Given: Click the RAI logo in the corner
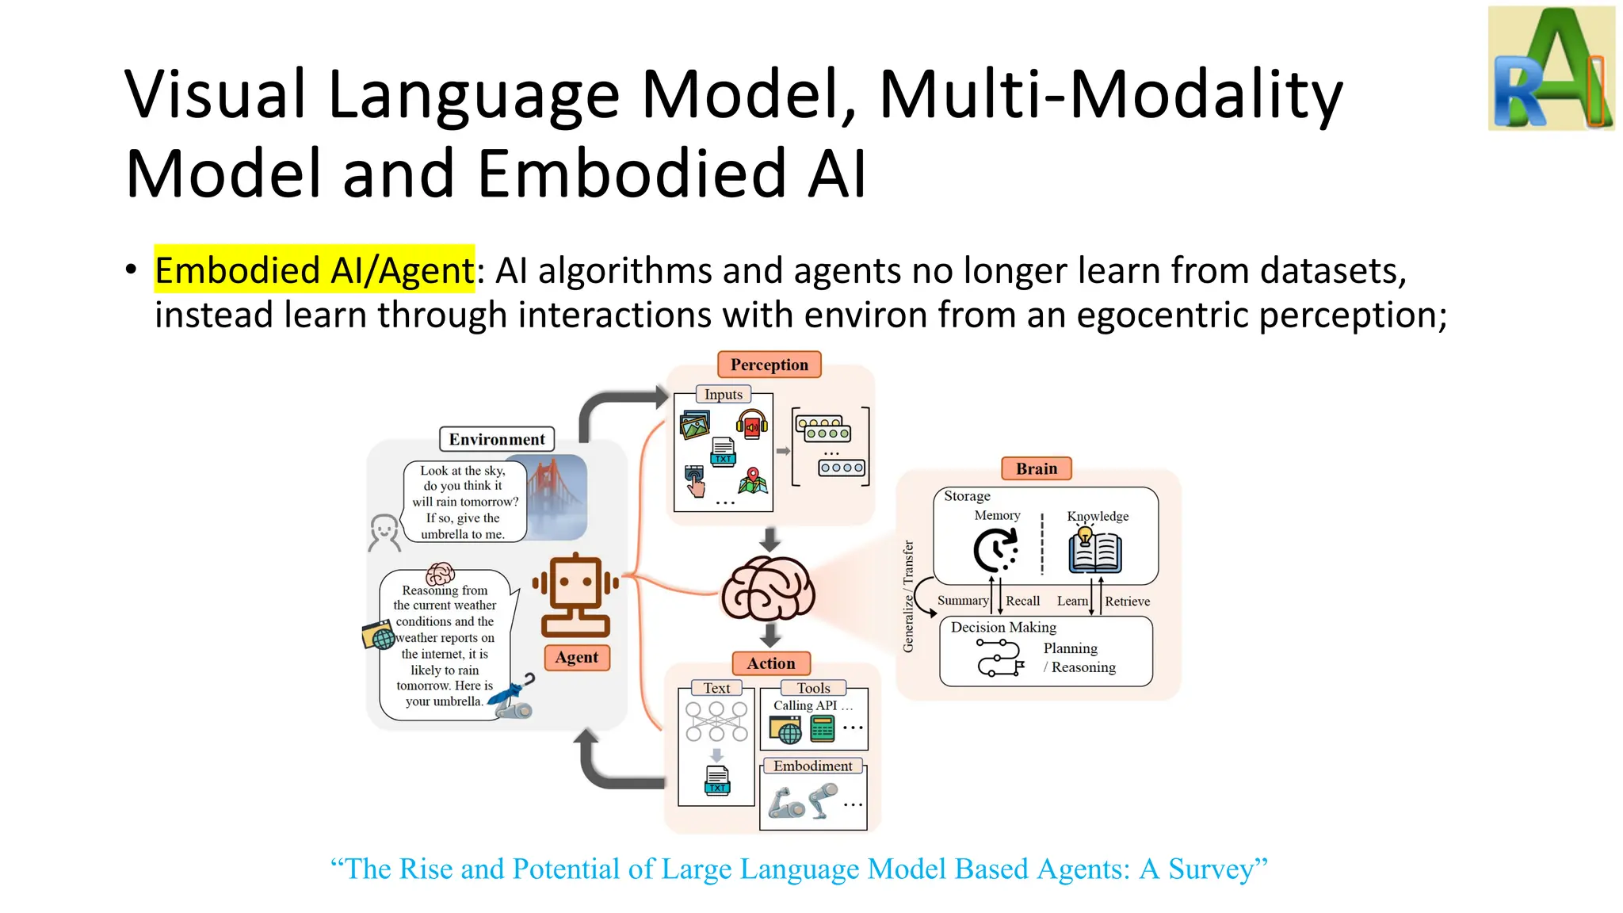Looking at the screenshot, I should [x=1551, y=69].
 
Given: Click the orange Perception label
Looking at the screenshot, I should [x=769, y=365].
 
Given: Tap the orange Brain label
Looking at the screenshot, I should [x=1036, y=468].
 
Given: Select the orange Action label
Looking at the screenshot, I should [x=770, y=663].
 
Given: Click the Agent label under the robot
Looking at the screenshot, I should [x=576, y=657].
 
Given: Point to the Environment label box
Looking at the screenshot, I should [x=497, y=439].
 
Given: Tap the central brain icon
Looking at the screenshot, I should [x=767, y=590].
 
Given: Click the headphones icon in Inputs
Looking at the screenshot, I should [x=751, y=425].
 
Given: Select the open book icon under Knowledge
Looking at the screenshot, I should [x=1094, y=552].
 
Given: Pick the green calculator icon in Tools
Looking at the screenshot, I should [x=823, y=728].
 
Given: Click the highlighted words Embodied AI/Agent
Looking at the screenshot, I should [x=314, y=270].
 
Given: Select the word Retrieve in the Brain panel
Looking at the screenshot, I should [x=1127, y=602].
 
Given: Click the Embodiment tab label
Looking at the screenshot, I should [x=812, y=766].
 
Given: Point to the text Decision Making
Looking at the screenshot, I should [x=1003, y=627].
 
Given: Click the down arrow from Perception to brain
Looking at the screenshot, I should [x=769, y=540].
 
